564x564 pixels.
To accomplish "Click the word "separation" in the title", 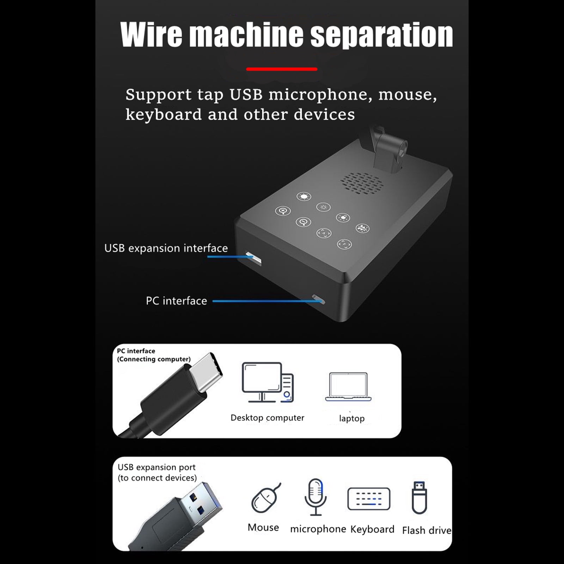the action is pyautogui.click(x=381, y=36).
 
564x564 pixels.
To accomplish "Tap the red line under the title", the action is pyautogui.click(x=282, y=69).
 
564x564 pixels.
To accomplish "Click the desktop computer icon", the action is pyautogui.click(x=268, y=382).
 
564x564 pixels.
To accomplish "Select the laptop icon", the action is pyautogui.click(x=348, y=387).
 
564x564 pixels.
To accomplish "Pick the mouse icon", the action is pyautogui.click(x=266, y=498).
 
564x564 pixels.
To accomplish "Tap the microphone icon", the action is pyautogui.click(x=315, y=497).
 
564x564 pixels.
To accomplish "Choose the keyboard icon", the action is pyautogui.click(x=369, y=499).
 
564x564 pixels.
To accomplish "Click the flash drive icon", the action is pyautogui.click(x=419, y=497).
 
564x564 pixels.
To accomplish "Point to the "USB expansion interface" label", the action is pyautogui.click(x=166, y=248).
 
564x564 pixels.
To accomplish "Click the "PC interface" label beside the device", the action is pyautogui.click(x=176, y=301).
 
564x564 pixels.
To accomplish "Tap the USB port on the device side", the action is pyautogui.click(x=254, y=259).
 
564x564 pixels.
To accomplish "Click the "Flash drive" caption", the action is pyautogui.click(x=427, y=530).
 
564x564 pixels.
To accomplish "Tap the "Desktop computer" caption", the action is pyautogui.click(x=267, y=418).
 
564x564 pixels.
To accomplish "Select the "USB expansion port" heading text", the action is pyautogui.click(x=157, y=467).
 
